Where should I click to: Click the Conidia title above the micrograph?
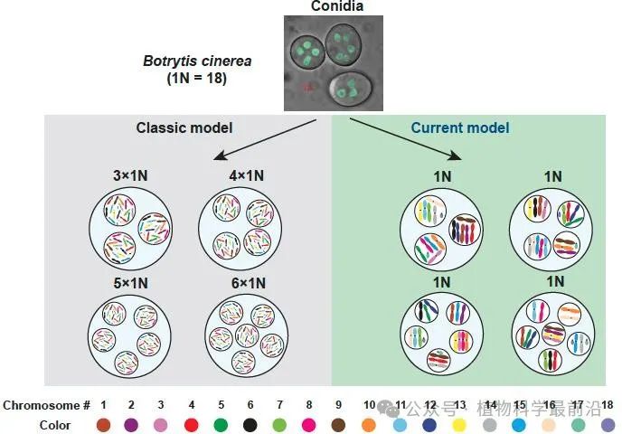[x=337, y=6]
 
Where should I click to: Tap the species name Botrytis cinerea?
[x=197, y=61]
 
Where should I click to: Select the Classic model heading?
[x=184, y=127]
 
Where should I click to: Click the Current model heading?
[x=460, y=127]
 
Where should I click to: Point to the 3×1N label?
[x=130, y=175]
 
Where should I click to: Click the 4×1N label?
[x=246, y=175]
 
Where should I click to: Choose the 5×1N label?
[x=130, y=283]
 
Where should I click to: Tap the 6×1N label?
[x=249, y=283]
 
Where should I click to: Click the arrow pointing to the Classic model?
[x=265, y=139]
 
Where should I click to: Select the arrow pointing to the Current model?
[x=405, y=139]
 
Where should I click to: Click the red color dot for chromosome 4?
[x=191, y=425]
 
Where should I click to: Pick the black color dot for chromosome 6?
[x=250, y=425]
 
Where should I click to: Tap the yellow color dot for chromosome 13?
[x=459, y=425]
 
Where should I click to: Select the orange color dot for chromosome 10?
[x=369, y=425]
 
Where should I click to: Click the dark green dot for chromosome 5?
[x=221, y=425]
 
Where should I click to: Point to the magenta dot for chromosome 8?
[x=308, y=425]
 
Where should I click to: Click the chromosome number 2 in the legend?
[x=131, y=405]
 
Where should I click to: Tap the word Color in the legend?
[x=55, y=425]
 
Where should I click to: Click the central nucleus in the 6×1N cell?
[x=247, y=335]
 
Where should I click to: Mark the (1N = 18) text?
[x=197, y=78]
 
